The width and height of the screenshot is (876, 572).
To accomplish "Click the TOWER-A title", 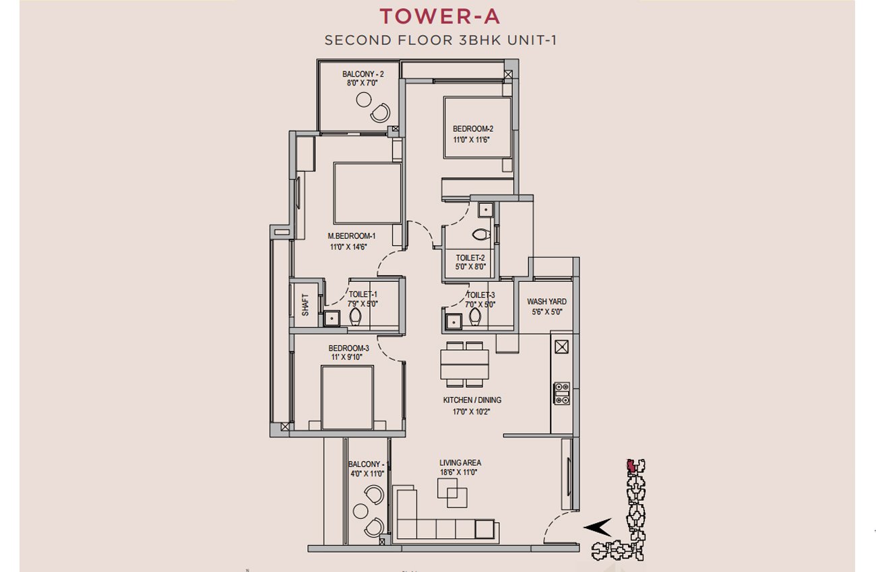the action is pos(439,16).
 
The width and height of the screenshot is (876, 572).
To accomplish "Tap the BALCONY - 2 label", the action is pos(363,74).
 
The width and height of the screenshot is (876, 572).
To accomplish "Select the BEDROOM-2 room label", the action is pos(473,129).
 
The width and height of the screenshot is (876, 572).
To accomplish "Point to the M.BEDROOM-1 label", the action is pos(352,236).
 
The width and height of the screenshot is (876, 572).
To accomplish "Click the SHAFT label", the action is pos(305,305).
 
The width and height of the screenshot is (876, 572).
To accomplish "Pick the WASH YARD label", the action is pos(546,301).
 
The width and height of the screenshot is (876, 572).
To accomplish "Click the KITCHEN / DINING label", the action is pos(472,400).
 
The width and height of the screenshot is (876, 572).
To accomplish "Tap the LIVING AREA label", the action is pos(460,463).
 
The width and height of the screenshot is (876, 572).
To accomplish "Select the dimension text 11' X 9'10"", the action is pos(347,357).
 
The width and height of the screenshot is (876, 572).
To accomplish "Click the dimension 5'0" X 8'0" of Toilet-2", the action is pos(470,266).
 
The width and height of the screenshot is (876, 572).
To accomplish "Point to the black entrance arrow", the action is pos(598,528).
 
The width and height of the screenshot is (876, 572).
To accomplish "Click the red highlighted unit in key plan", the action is pos(631,465).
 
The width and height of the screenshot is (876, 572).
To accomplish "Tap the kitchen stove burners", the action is pos(561,393).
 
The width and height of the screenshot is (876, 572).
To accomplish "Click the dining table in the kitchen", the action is pos(464,364).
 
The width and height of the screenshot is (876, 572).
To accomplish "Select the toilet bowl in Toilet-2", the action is pos(481,234).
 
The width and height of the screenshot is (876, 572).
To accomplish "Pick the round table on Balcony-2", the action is pos(364,100).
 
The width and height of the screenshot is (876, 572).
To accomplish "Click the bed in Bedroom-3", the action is pos(347,398).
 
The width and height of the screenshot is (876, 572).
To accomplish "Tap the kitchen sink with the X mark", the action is pos(561,347).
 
